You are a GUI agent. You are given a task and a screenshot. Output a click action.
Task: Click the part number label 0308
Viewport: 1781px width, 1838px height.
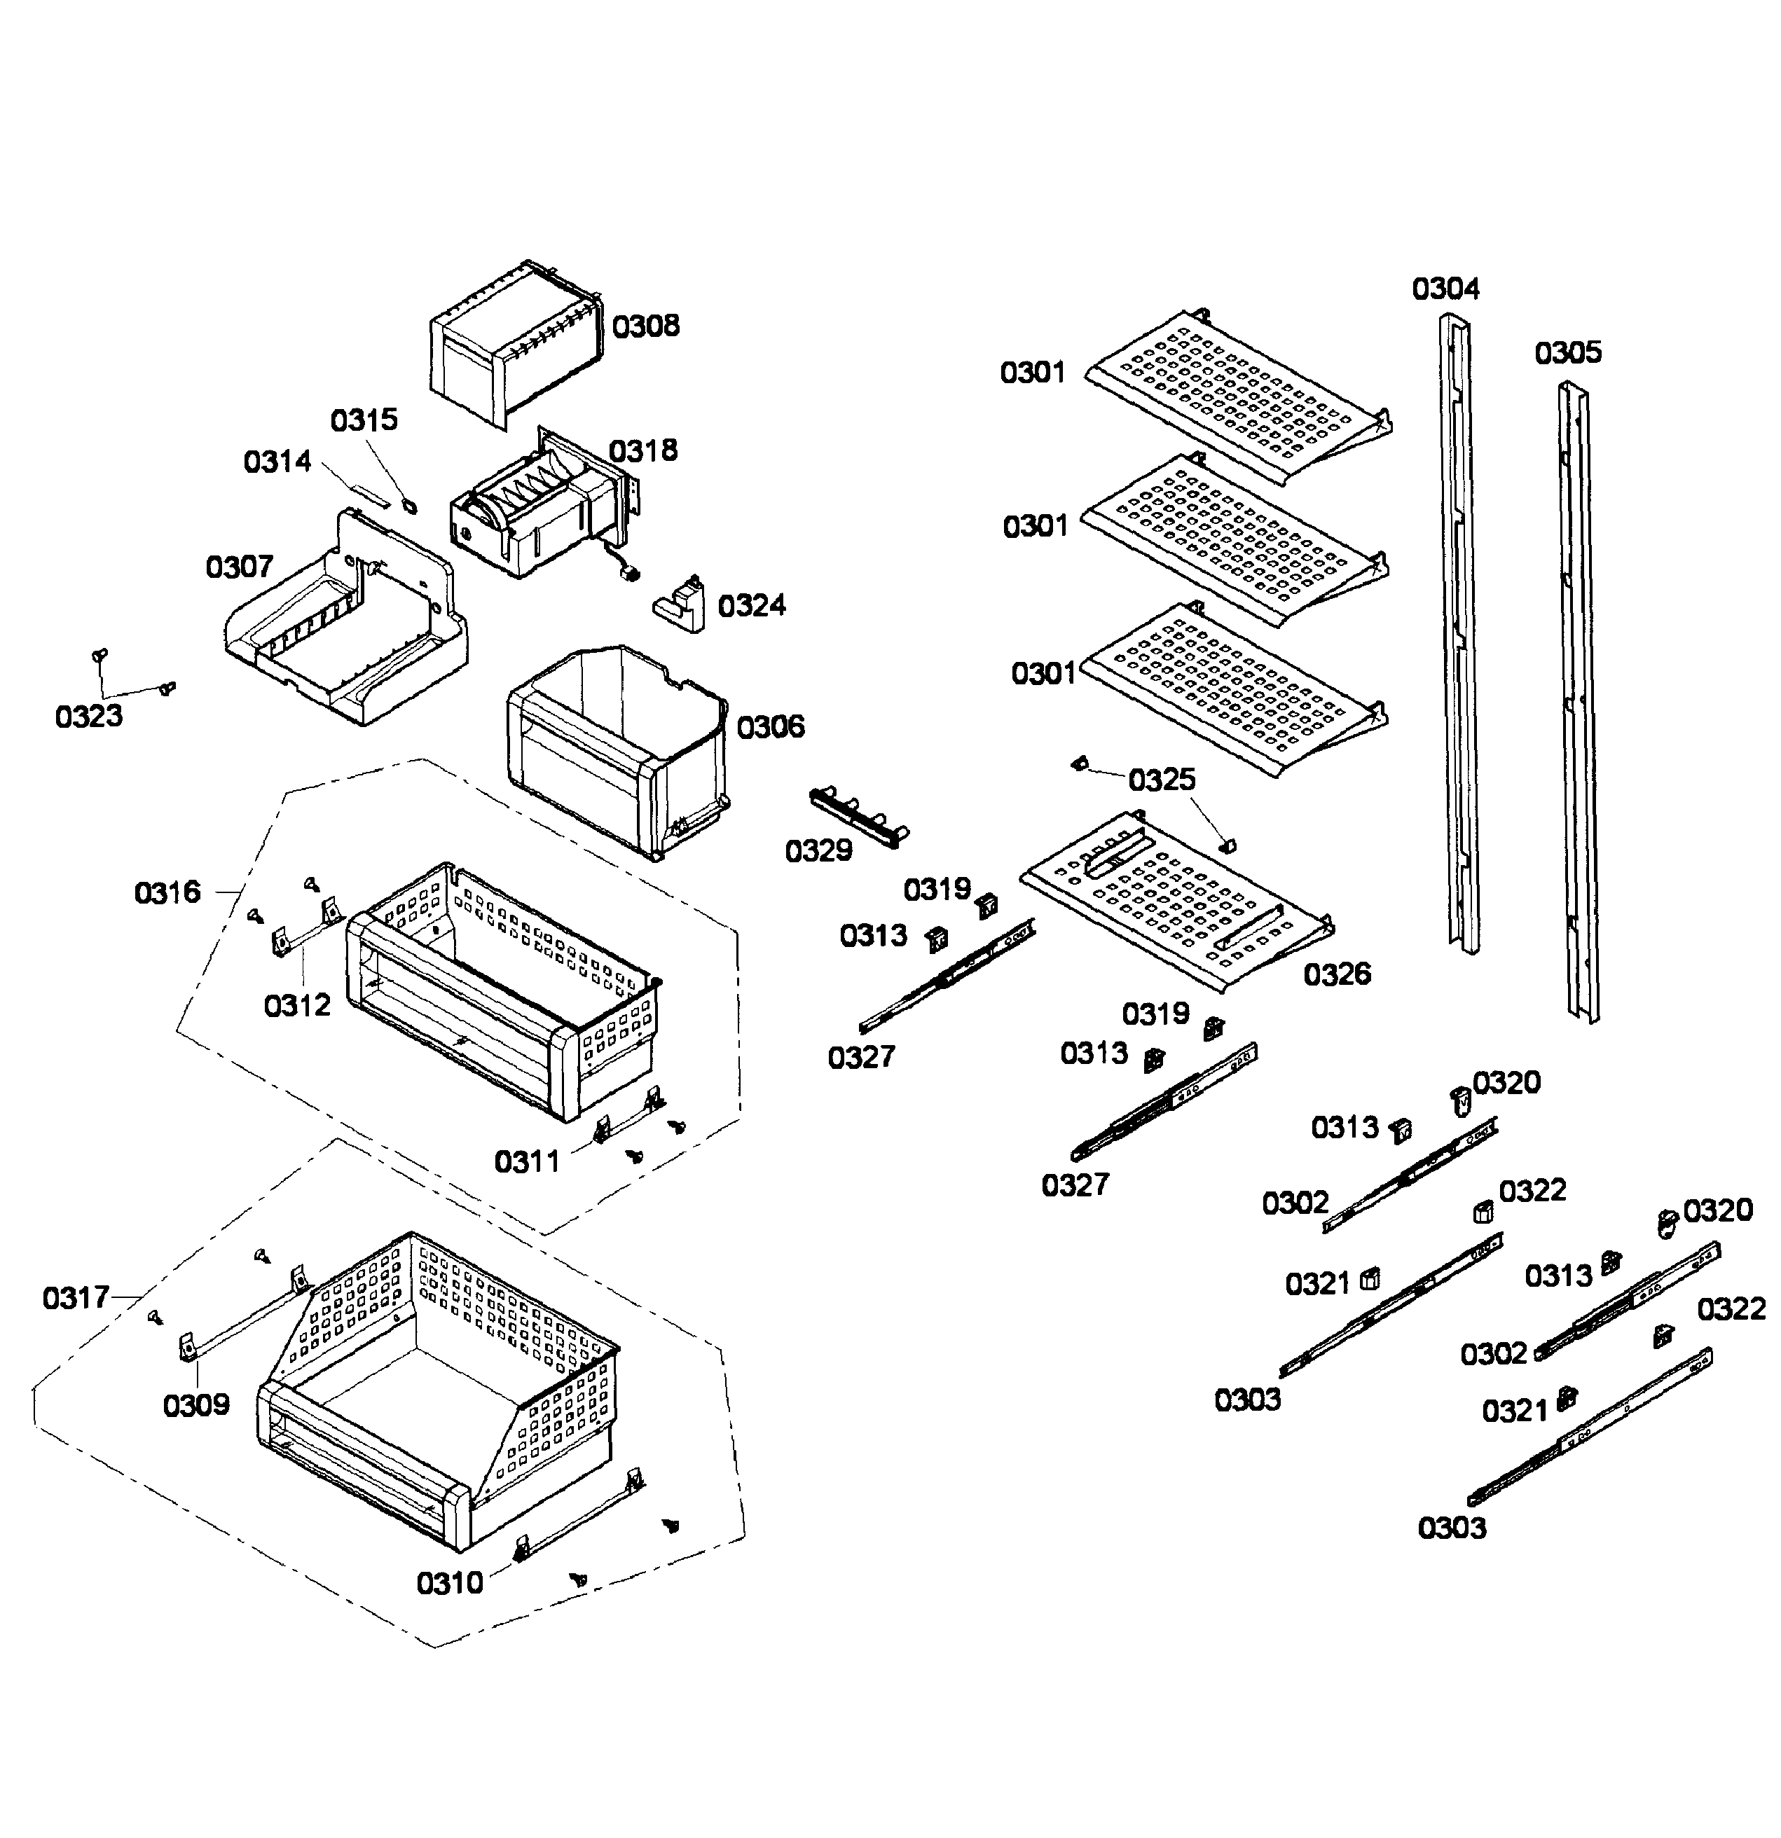tap(645, 326)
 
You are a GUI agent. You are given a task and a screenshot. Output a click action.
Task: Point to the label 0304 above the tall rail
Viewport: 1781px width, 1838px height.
tap(1445, 289)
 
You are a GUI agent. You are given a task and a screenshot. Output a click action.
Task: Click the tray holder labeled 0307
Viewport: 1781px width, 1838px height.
tap(347, 628)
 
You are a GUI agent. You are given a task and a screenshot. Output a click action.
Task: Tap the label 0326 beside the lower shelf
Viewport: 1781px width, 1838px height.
tap(1337, 974)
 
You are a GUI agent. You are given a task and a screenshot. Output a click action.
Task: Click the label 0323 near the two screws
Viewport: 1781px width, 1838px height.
tap(89, 717)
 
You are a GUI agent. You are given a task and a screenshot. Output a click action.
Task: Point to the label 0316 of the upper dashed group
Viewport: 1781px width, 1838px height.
tap(167, 892)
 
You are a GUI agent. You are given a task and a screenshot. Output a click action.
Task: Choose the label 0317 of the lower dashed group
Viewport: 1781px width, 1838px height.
tap(76, 1298)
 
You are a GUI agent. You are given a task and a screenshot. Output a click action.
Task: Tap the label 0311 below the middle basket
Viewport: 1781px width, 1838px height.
tap(527, 1162)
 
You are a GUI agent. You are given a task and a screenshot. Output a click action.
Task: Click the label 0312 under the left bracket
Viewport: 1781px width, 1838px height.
tap(296, 1005)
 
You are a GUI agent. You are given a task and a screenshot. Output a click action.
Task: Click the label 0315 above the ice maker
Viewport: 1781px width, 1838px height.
tap(364, 420)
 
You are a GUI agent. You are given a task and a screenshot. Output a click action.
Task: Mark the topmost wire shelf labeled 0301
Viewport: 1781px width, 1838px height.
tap(1238, 394)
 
